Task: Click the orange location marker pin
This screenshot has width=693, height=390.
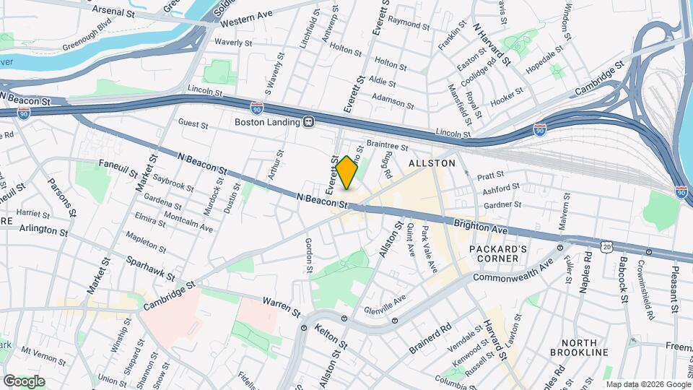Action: (x=347, y=173)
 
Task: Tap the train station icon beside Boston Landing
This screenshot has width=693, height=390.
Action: (x=308, y=122)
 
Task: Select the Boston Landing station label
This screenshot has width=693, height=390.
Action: (x=267, y=122)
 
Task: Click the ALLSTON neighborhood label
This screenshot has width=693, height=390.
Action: (x=432, y=163)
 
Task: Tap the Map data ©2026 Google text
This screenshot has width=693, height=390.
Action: (x=648, y=384)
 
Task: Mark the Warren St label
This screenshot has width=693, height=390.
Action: (x=281, y=306)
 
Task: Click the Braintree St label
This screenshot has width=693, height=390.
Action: (x=388, y=144)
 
